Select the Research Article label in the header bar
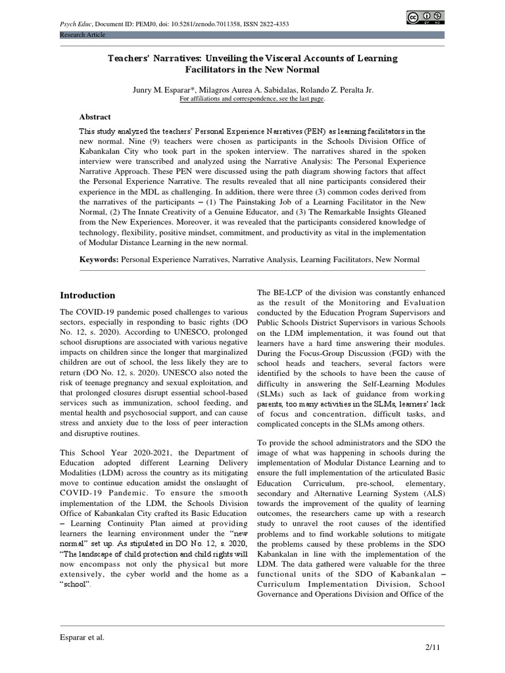pyautogui.click(x=82, y=35)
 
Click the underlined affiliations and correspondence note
pyautogui.click(x=252, y=99)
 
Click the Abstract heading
pyautogui.click(x=95, y=117)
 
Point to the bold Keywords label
pyautogui.click(x=99, y=260)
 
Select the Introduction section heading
pyautogui.click(x=87, y=295)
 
